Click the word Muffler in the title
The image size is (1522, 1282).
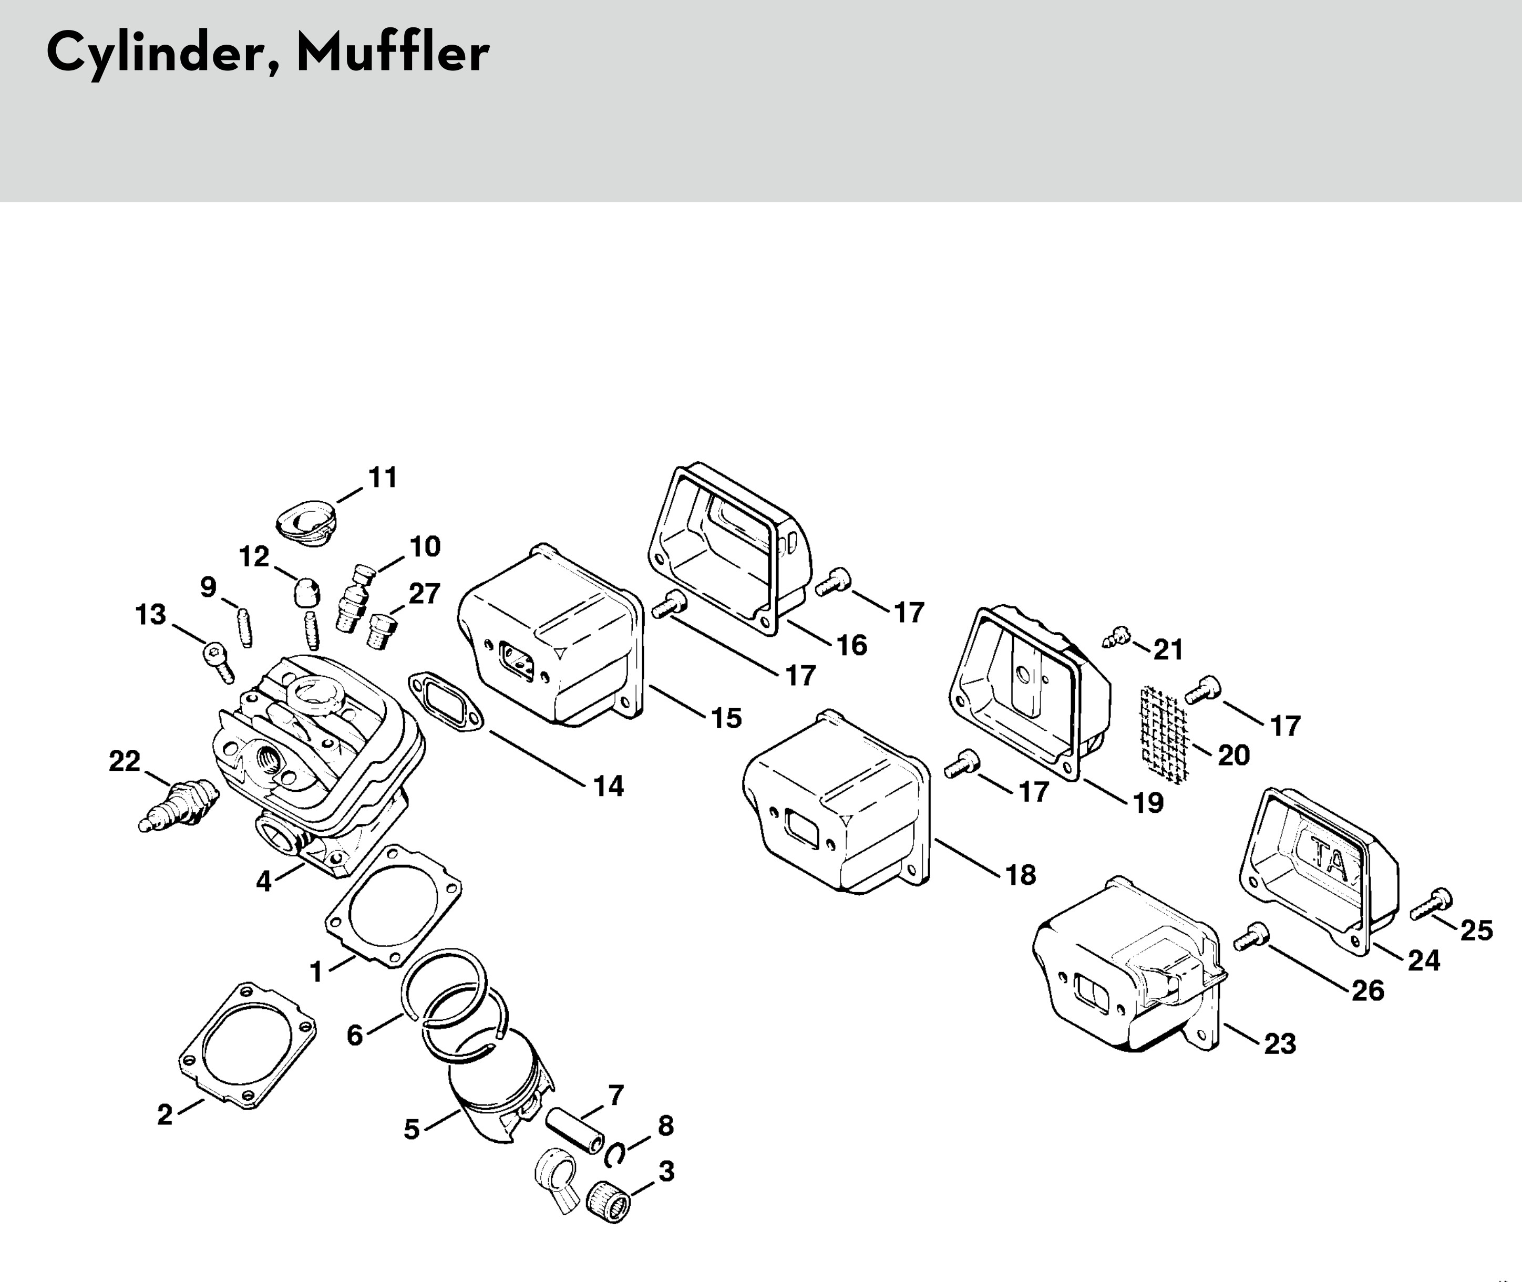coord(393,53)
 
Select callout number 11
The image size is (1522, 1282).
coord(383,478)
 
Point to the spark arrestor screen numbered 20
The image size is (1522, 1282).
coord(1163,734)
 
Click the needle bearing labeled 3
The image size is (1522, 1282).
coord(608,1202)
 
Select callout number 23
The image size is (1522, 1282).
coord(1280,1045)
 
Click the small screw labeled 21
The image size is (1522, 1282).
coord(1114,638)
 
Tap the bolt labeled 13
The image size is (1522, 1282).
coord(218,660)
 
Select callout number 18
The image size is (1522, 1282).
coord(1021,875)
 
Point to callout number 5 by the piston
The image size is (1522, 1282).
coord(412,1130)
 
